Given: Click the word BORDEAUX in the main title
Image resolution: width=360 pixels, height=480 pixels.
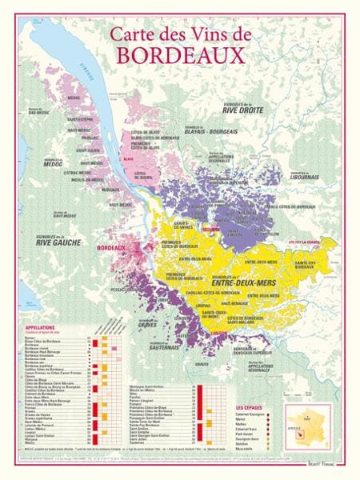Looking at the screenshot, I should tap(180, 54).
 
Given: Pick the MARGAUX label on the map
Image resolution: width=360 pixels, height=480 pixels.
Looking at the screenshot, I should tap(110, 190).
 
